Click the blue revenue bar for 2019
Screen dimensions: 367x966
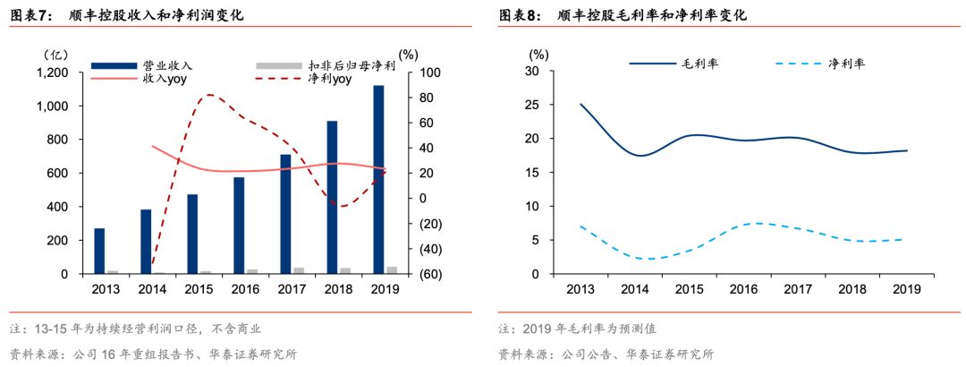coord(378,179)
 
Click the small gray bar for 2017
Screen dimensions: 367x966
coord(298,269)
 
